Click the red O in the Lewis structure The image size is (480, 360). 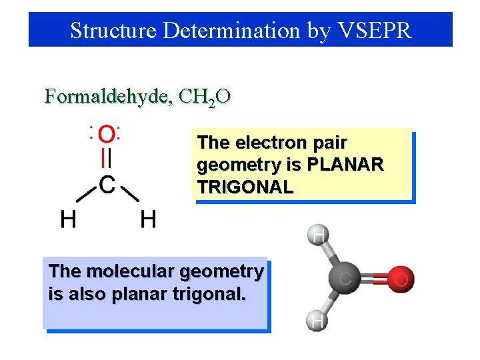(x=105, y=135)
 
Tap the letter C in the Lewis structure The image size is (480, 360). (x=107, y=184)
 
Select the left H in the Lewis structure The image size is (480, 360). (x=67, y=219)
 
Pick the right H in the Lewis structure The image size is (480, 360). (x=148, y=219)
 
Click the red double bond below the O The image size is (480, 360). (x=105, y=159)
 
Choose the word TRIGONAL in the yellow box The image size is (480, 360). (x=245, y=187)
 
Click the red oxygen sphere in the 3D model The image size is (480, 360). (x=400, y=278)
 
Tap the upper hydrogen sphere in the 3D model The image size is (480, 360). (x=319, y=235)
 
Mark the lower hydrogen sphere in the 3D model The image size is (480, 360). (x=319, y=321)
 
